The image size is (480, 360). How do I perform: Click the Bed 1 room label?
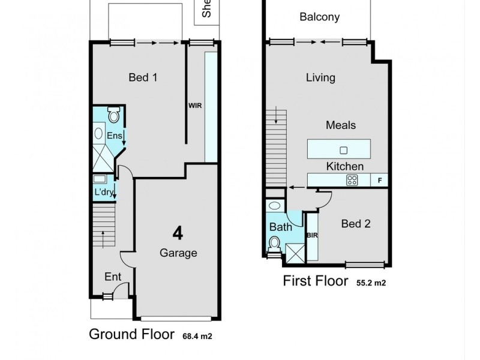143,77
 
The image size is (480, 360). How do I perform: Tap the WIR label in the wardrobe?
195,105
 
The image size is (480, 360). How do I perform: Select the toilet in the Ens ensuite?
113,115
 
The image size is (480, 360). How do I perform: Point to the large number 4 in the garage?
178,233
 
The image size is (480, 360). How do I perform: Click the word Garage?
178,253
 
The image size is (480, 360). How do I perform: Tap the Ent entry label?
113,277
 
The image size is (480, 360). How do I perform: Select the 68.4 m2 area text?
197,336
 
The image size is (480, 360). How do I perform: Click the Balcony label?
319,17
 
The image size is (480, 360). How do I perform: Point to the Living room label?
320,77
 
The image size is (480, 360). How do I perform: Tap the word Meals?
341,125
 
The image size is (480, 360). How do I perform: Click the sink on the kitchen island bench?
344,149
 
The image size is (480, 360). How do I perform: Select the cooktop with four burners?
352,179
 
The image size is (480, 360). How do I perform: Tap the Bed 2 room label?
355,224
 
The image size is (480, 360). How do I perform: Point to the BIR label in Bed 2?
311,236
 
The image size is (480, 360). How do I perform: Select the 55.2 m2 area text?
371,283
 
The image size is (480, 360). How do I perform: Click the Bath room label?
280,227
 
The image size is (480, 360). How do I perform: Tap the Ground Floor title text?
132,334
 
